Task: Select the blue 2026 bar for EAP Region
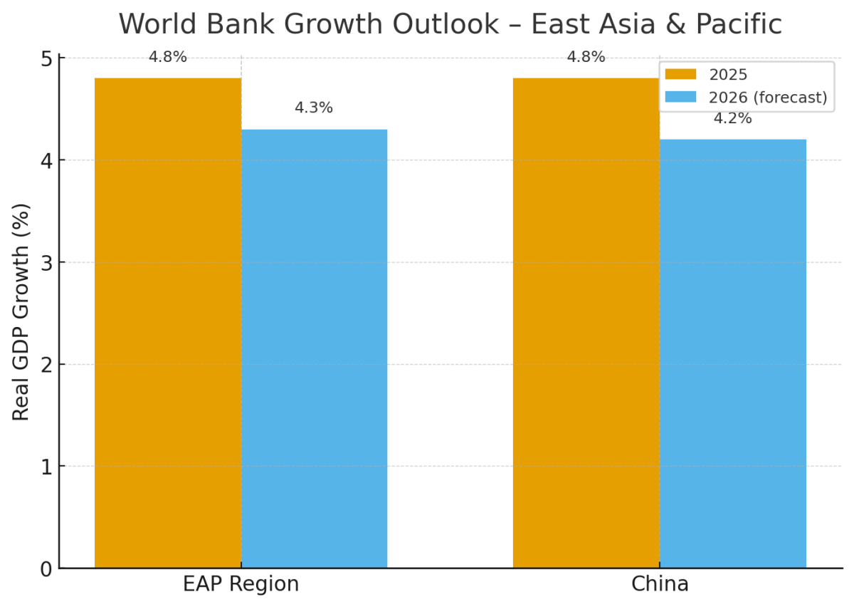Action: (314, 348)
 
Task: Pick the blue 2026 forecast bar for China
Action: (732, 353)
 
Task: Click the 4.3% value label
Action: (314, 108)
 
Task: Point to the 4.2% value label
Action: (732, 119)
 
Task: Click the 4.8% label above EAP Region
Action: (168, 57)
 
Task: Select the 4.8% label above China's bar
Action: (586, 57)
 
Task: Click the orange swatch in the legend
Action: (681, 75)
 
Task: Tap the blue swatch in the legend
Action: (681, 97)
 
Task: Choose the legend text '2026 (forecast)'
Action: (768, 97)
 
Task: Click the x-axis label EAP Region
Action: (241, 584)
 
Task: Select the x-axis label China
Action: (660, 584)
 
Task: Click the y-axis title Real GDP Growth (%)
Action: (21, 312)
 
